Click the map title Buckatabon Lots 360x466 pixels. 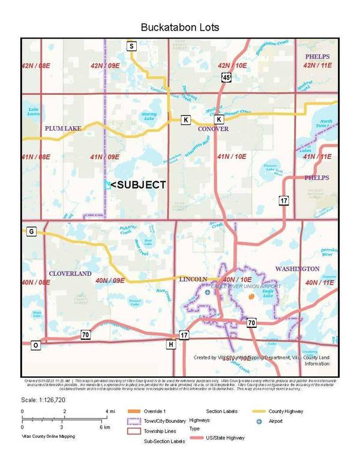(x=179, y=28)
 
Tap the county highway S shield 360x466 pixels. (x=131, y=46)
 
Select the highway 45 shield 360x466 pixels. (x=226, y=77)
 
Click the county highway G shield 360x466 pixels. (x=31, y=231)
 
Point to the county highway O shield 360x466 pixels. (x=35, y=345)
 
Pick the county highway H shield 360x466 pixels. (x=172, y=344)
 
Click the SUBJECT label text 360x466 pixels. (x=139, y=185)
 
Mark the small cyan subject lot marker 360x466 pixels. (x=107, y=185)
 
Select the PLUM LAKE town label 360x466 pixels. (x=63, y=128)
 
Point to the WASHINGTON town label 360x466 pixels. (x=297, y=268)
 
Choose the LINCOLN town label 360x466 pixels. (x=193, y=279)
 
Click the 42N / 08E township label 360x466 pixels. (x=36, y=65)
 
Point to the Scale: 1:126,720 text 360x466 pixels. (x=46, y=399)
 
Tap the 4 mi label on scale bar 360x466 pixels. (x=110, y=411)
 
